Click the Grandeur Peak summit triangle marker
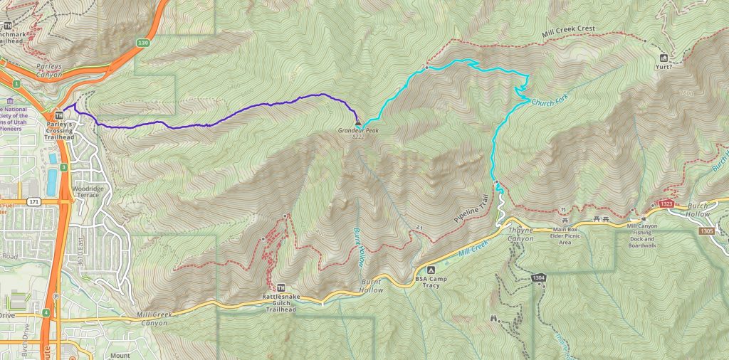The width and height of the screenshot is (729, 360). point(357,123)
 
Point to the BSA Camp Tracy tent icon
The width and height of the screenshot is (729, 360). point(430,270)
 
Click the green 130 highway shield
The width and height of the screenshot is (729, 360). point(144,43)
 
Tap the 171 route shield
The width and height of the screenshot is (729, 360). point(33,202)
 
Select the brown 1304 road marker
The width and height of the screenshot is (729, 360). point(538,277)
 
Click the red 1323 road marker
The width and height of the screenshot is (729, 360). point(666,204)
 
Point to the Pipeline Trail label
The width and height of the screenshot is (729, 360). point(468,211)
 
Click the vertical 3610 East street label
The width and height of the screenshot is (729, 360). point(80,253)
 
